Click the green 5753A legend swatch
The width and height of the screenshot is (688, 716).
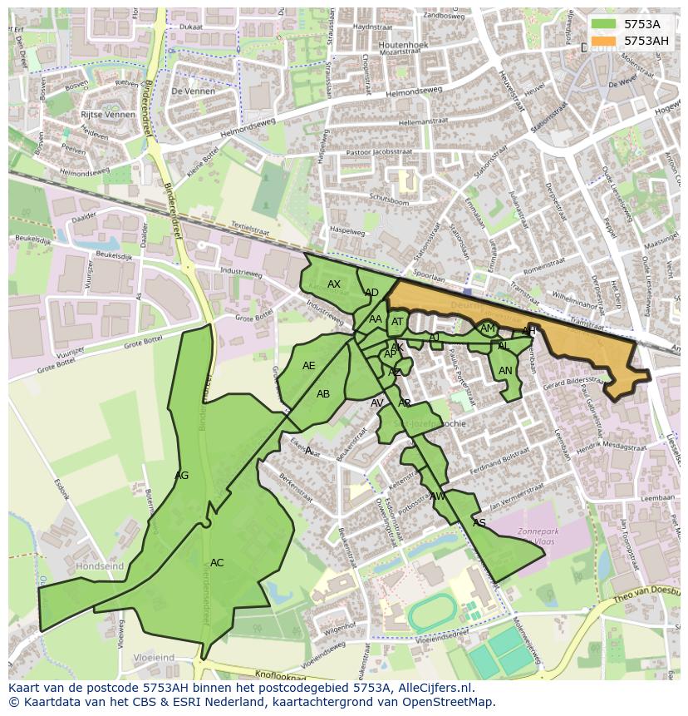604,24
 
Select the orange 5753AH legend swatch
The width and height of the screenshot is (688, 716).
604,40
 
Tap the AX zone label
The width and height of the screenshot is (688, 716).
334,284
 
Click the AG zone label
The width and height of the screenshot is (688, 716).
182,476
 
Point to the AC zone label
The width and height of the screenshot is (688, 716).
217,563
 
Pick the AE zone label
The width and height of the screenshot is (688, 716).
309,366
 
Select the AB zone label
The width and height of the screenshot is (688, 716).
323,394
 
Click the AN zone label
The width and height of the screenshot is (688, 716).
505,371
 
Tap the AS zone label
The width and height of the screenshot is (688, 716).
479,523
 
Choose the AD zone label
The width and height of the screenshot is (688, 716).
371,293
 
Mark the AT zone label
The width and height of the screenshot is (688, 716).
397,323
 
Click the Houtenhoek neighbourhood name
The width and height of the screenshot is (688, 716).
403,44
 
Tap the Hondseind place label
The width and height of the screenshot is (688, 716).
100,566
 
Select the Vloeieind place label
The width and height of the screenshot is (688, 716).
154,658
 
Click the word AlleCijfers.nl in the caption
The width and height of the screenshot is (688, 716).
433,688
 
